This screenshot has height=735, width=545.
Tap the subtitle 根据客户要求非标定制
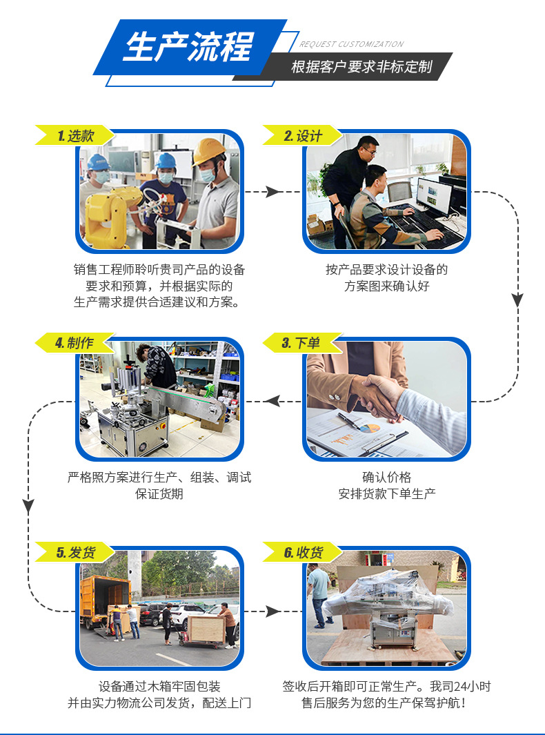361,67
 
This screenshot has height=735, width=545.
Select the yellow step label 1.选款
75,136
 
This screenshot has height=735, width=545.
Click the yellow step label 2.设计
302,136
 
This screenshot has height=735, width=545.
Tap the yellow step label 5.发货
75,553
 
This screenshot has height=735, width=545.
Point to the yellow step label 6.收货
303,553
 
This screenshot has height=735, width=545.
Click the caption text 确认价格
386,478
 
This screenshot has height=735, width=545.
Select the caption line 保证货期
159,494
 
